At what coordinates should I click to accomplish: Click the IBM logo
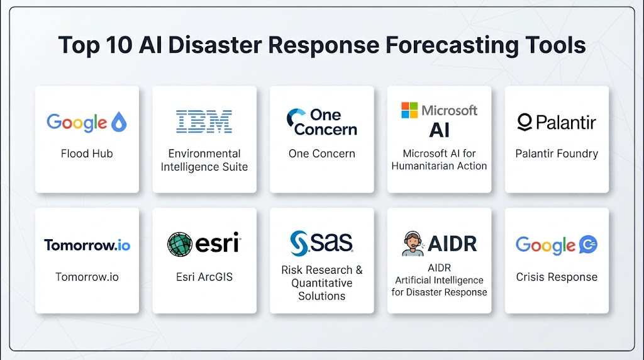tap(204, 121)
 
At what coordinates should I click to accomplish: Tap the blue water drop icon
tap(119, 121)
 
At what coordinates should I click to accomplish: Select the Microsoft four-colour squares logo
tap(409, 110)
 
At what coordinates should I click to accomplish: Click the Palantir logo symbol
tap(525, 122)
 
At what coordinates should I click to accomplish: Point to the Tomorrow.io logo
tap(87, 245)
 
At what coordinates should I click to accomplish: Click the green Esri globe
tap(180, 244)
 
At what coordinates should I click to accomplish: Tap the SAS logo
tap(321, 243)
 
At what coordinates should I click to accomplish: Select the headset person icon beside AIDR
tap(413, 244)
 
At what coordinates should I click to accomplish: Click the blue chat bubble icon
tap(588, 245)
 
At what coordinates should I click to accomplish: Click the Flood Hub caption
tap(87, 154)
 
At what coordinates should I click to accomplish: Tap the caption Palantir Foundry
tap(557, 154)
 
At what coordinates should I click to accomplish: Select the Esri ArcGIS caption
tap(204, 277)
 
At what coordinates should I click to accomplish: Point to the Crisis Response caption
tap(557, 277)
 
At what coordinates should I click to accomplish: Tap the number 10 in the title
tap(119, 45)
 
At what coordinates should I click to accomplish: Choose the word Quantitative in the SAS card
tap(321, 283)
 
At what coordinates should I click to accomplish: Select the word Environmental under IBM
tap(204, 154)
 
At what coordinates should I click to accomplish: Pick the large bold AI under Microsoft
tap(439, 130)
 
